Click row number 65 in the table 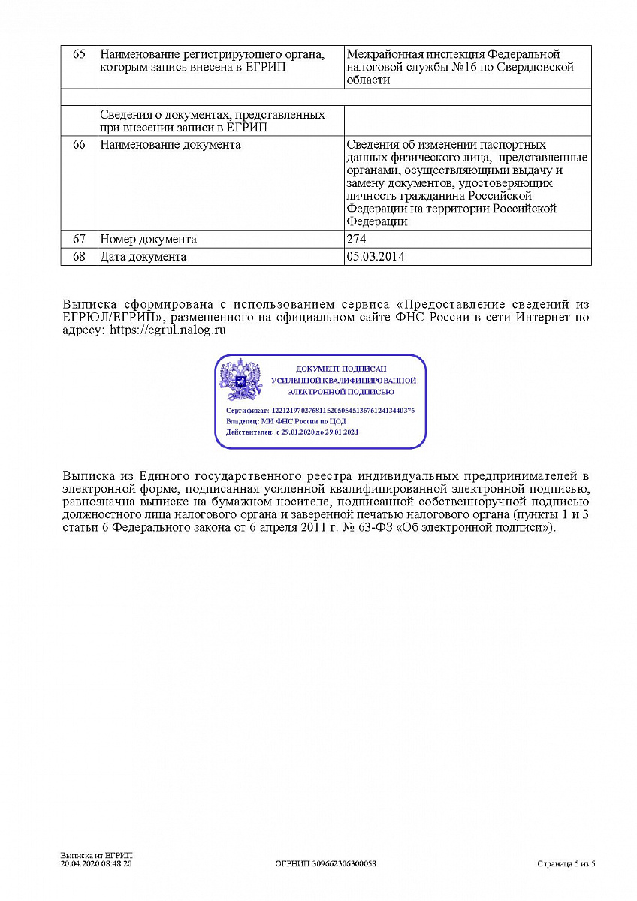(79, 55)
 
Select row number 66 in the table (79, 145)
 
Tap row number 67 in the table (79, 240)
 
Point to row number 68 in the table (79, 257)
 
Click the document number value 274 (356, 240)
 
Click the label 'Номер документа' (148, 240)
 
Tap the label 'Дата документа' (143, 257)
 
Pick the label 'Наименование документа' (170, 145)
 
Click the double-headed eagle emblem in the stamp (240, 380)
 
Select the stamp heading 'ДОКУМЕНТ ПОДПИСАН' (341, 369)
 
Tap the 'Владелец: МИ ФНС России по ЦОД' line (285, 422)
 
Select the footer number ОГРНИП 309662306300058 (326, 864)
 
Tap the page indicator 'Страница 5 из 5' (566, 864)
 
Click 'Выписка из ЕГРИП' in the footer (96, 856)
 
